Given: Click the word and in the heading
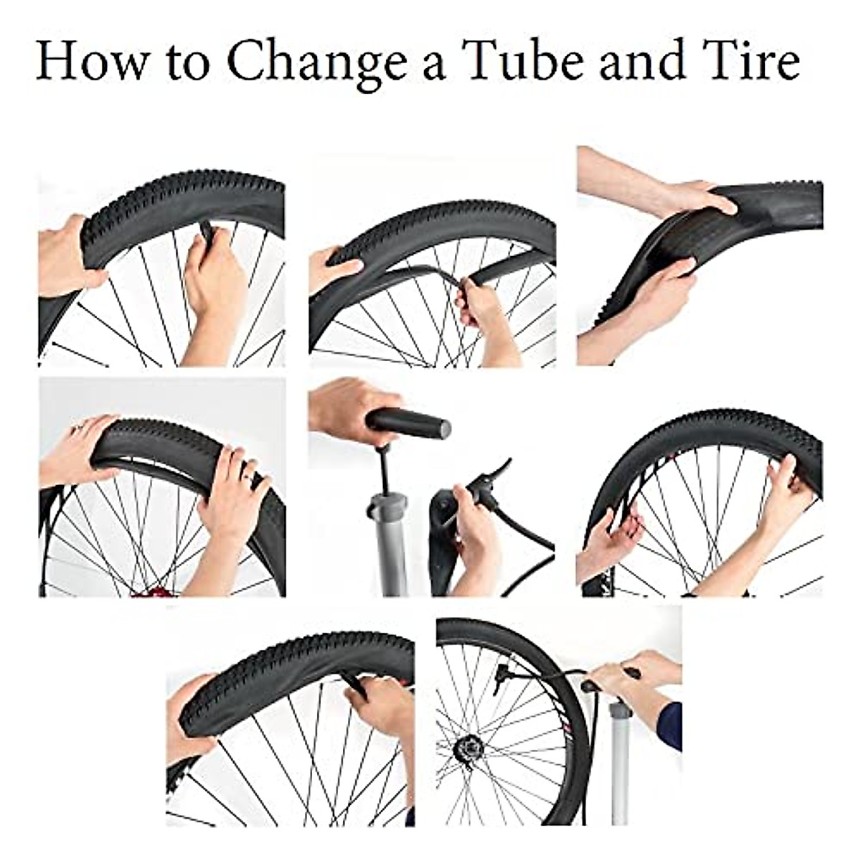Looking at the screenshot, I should point(639,60).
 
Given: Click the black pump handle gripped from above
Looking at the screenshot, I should point(409,423).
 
